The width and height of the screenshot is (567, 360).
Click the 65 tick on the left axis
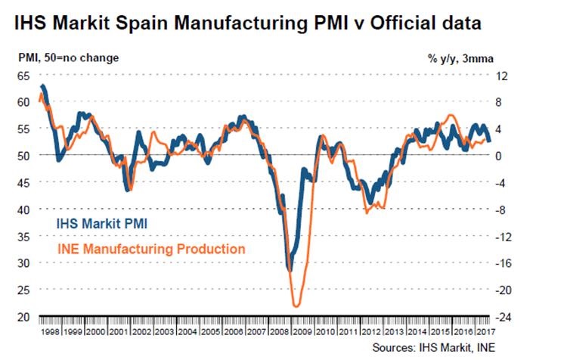tap(25, 76)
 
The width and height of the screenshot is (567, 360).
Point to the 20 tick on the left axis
tap(25, 317)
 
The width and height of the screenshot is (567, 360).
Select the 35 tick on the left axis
tap(25, 236)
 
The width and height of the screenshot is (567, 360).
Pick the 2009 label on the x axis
tap(303, 331)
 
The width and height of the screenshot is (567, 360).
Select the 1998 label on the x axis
tap(51, 331)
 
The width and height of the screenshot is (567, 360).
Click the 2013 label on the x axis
tap(394, 331)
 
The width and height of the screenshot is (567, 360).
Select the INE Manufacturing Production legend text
tap(149, 248)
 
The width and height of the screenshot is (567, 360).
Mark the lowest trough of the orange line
tap(296, 306)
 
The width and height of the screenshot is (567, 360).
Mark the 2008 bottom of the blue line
tap(289, 268)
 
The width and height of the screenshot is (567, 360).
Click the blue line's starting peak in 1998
tap(43, 86)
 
